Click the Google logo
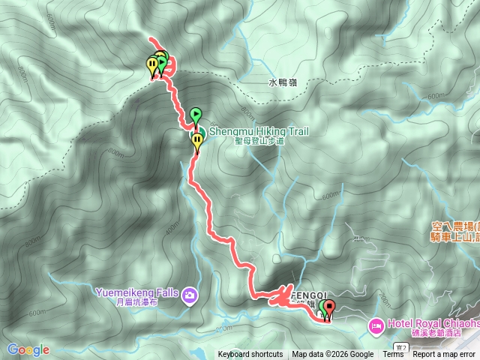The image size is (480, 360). click(x=28, y=349)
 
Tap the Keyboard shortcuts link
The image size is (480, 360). click(x=250, y=355)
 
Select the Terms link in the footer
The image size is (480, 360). click(x=393, y=355)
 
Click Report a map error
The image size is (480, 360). click(x=445, y=355)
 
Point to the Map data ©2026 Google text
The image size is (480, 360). click(x=333, y=355)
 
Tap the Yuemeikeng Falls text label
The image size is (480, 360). click(x=138, y=292)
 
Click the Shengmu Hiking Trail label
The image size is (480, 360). click(x=259, y=130)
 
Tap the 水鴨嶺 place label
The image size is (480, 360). click(x=282, y=82)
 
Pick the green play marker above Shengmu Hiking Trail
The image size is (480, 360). click(x=196, y=115)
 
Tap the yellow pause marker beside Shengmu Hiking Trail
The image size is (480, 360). click(x=197, y=141)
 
